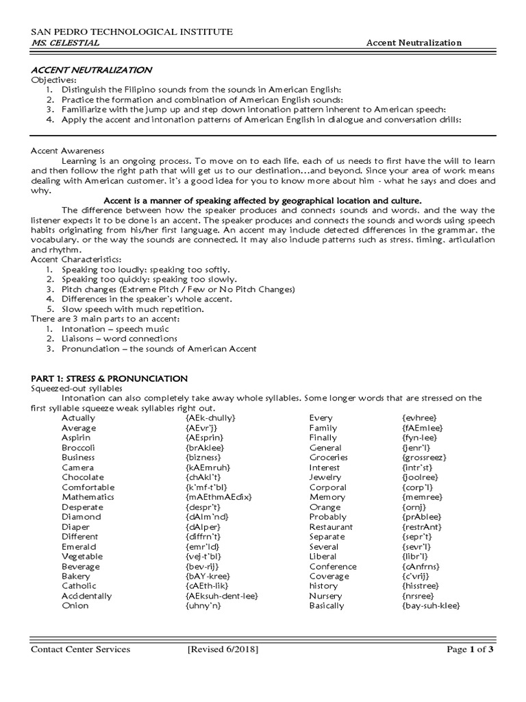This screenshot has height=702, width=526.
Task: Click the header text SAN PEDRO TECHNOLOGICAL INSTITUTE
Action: coord(131,32)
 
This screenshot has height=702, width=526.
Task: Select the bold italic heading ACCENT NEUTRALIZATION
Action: coord(92,71)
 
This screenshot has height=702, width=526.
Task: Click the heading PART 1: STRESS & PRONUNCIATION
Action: coord(110,378)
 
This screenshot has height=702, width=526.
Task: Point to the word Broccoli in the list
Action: coord(78,448)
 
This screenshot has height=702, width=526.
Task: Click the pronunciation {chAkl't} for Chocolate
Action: coord(203,477)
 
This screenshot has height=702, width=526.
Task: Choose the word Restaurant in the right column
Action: coord(331,527)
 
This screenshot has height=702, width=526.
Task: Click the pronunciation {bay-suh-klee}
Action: coord(431,606)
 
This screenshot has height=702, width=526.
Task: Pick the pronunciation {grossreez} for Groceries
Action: coord(424,457)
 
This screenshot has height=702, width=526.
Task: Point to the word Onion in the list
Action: coord(75,606)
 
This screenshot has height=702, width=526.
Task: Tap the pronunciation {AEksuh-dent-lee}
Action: coord(221,596)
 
